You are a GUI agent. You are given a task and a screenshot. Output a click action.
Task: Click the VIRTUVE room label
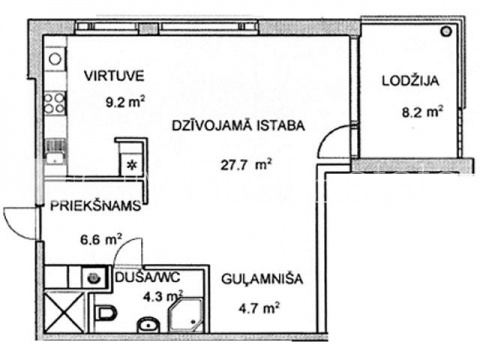tap(114, 76)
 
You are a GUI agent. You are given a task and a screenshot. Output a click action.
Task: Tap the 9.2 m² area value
tap(125, 101)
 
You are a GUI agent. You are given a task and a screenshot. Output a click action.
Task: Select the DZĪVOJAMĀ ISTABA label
tap(238, 126)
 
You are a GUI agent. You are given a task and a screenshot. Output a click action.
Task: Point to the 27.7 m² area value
tap(246, 165)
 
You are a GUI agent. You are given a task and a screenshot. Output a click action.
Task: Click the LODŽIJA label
tap(410, 81)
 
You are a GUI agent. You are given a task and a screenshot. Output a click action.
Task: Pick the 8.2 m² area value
tap(422, 112)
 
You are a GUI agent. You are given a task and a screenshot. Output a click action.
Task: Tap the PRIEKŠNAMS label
tap(96, 206)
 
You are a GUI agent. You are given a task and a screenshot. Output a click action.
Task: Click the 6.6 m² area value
tap(101, 240)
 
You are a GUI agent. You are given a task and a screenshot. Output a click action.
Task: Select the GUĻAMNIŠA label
tap(262, 279)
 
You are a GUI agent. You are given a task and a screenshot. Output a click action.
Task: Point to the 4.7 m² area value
tap(259, 308)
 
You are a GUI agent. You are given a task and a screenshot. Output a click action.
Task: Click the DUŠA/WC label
tap(148, 277)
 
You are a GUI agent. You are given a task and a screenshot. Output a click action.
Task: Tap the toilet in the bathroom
tap(105, 314)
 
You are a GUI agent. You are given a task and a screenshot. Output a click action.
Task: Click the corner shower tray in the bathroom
tap(186, 315)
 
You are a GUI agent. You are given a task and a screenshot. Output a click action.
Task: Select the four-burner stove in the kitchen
tap(55, 103)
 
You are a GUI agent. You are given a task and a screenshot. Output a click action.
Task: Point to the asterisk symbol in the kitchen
tap(132, 165)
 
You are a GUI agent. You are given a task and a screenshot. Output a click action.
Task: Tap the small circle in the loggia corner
tap(446, 32)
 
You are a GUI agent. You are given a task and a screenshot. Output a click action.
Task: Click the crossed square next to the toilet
tap(64, 312)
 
